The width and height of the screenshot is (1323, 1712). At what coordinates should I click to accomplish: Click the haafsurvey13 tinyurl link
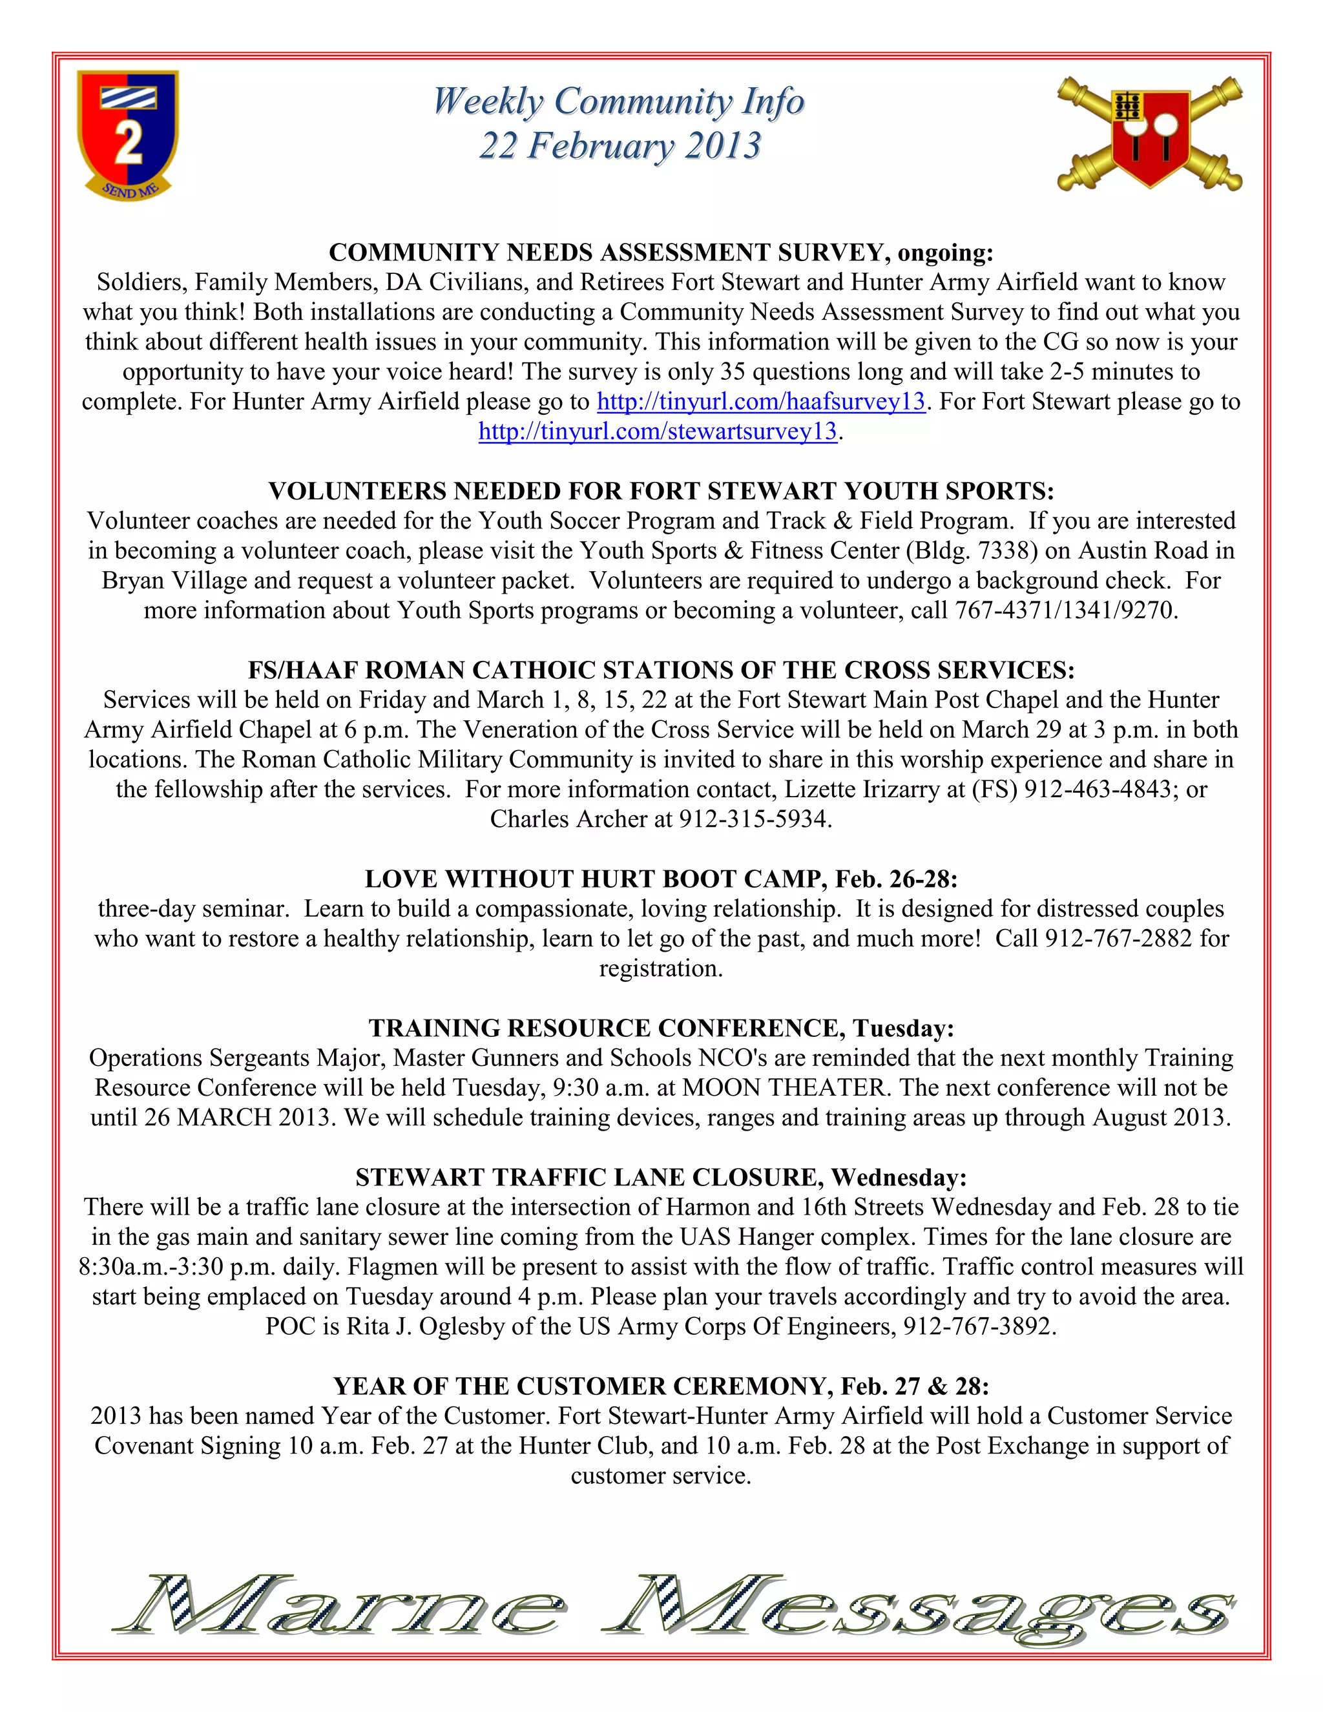click(761, 402)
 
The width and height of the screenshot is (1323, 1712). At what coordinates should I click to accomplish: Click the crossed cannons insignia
click(1149, 133)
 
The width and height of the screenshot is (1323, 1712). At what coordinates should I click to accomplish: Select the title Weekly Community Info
click(618, 102)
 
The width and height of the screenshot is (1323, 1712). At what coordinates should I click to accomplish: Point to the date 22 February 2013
click(620, 147)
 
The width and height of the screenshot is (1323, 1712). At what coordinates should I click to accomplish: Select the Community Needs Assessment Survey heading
click(661, 253)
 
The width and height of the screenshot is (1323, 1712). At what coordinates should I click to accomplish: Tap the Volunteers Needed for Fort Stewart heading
click(661, 492)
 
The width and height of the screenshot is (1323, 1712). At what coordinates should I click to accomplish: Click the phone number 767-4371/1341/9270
click(1065, 611)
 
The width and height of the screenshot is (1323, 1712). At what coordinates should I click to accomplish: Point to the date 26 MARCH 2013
click(240, 1118)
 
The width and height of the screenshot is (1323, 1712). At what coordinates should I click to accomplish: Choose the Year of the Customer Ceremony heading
click(661, 1386)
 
